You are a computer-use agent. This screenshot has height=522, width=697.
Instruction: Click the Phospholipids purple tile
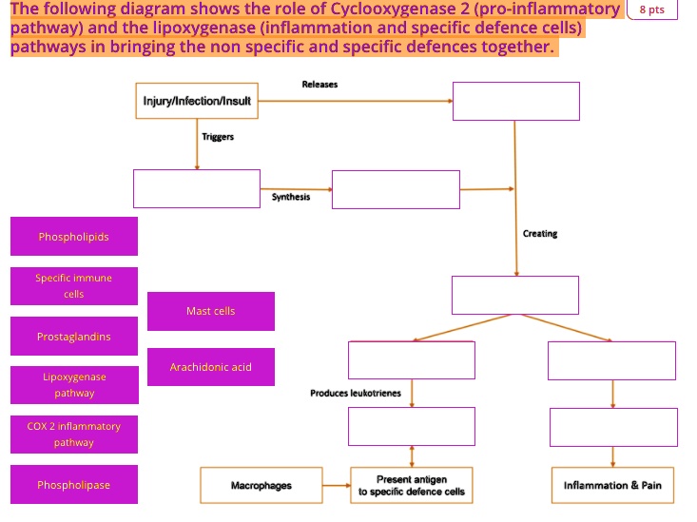tap(74, 237)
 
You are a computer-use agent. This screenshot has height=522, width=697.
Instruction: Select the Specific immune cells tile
tap(74, 286)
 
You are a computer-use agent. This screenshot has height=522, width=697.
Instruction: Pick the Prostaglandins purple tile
tap(74, 337)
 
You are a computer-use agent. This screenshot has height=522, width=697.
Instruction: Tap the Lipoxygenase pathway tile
tap(74, 385)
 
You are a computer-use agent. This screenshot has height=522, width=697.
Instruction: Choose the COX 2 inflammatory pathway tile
tap(74, 435)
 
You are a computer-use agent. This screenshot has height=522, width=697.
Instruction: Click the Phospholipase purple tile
tap(74, 485)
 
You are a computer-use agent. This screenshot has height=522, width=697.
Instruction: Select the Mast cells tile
tap(211, 311)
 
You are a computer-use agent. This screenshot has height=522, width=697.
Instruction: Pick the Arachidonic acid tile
tap(211, 367)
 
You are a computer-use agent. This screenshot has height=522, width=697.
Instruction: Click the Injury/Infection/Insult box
tap(197, 101)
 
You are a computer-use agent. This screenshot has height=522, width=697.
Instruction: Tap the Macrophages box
tap(261, 485)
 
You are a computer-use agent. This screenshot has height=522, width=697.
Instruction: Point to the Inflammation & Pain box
tap(612, 485)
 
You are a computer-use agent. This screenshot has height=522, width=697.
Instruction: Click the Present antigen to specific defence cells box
tap(412, 485)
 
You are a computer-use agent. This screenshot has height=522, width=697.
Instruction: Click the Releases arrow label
tap(319, 85)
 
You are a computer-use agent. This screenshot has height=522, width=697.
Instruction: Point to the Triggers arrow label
tap(218, 137)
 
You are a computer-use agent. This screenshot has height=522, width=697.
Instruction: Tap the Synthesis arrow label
tap(290, 196)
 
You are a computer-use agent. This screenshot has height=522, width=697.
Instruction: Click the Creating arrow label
tap(540, 234)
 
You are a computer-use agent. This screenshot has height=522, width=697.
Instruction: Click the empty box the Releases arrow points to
tap(515, 101)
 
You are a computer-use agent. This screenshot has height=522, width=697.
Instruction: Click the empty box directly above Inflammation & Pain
tap(613, 427)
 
